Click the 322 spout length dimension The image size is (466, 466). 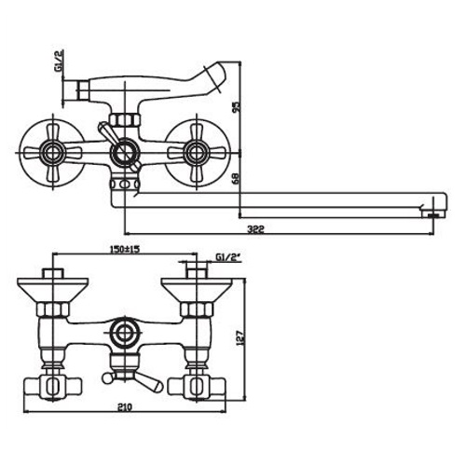[x=255, y=229]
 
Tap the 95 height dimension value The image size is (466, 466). [x=237, y=106]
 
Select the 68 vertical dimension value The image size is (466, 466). [x=237, y=179]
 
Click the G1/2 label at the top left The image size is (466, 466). [x=59, y=61]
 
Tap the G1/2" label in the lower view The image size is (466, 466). [x=228, y=257]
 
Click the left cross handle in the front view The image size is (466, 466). [x=53, y=153]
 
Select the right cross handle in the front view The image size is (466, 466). [x=197, y=153]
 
